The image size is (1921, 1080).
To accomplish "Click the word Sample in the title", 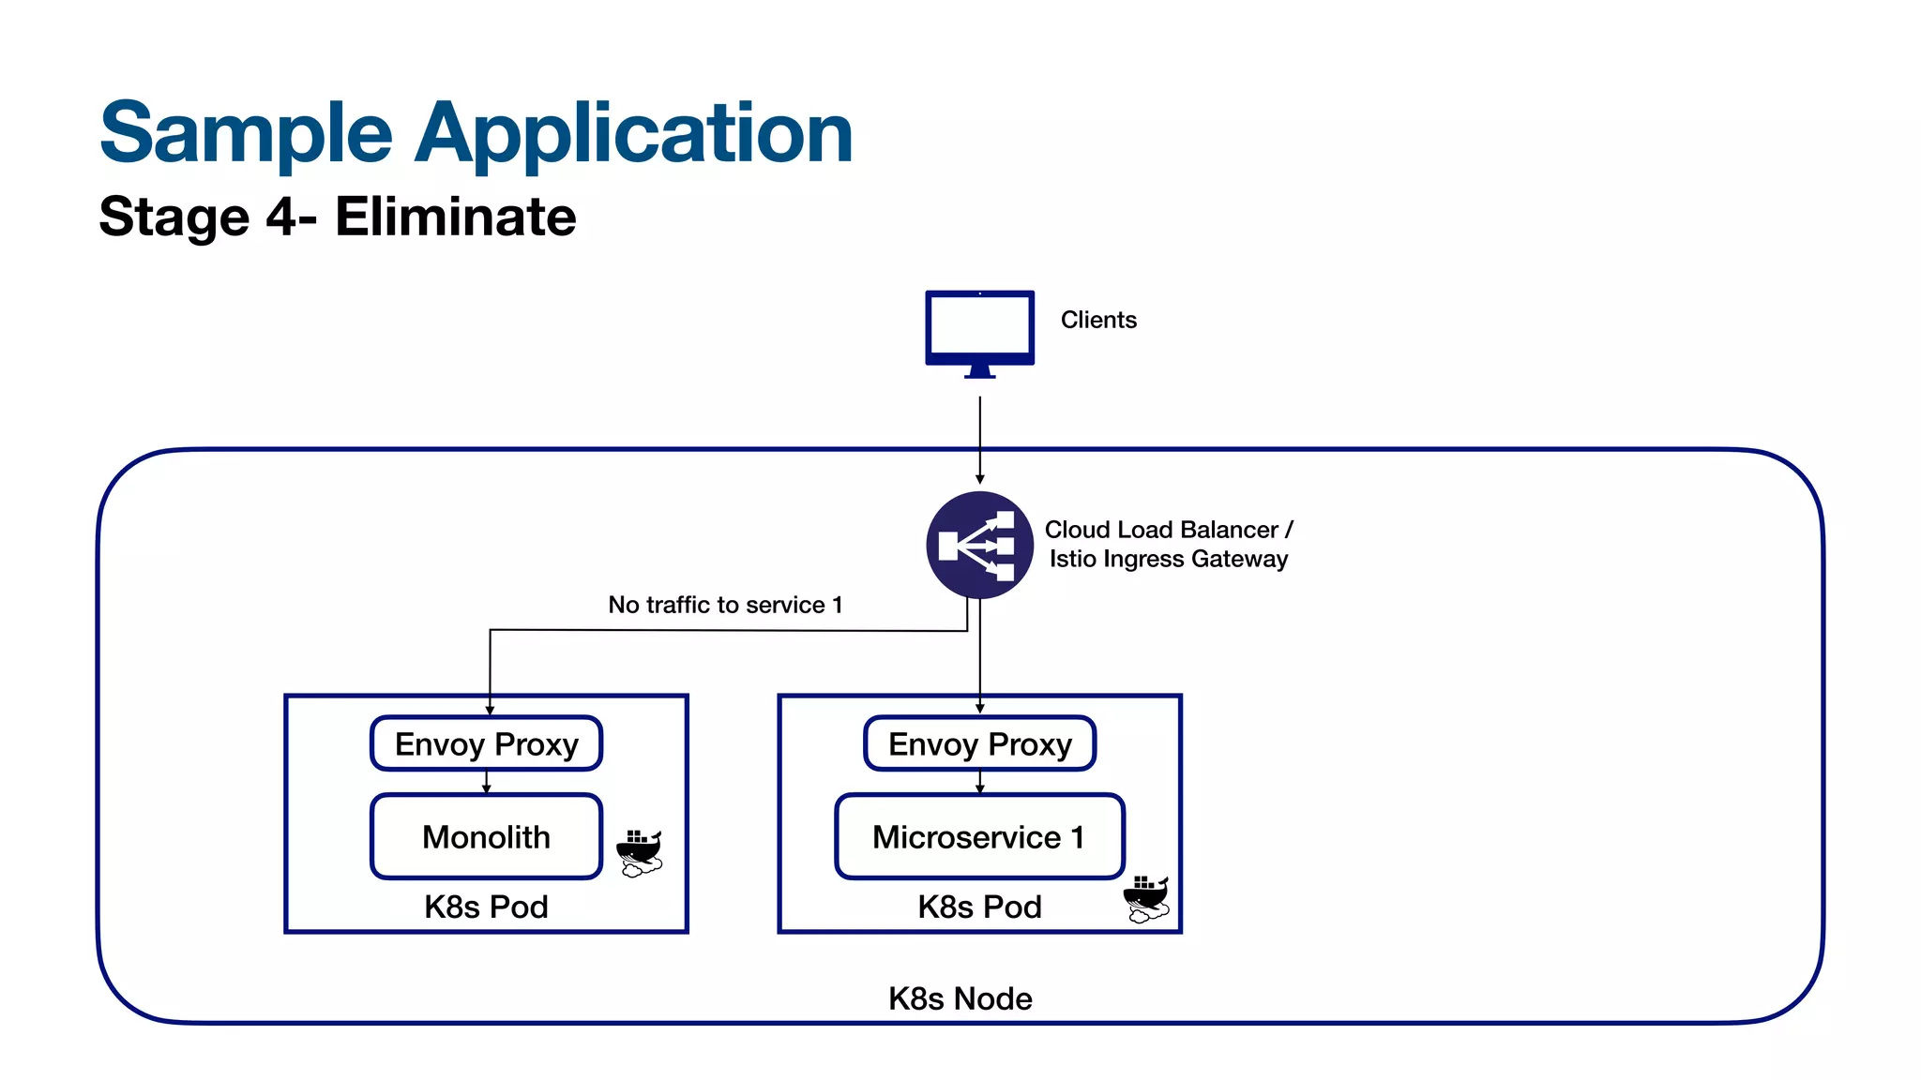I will (x=246, y=134).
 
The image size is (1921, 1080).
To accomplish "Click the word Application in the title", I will (x=633, y=134).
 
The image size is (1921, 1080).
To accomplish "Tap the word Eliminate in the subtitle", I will (x=455, y=217).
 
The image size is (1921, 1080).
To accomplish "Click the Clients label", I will (x=1098, y=320).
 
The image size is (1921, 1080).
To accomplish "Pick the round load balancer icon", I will (x=979, y=545).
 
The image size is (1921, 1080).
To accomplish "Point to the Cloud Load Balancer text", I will (x=1161, y=530).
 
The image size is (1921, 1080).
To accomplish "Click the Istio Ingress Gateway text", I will (x=1168, y=559).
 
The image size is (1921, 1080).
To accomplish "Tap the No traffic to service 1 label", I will (x=725, y=605).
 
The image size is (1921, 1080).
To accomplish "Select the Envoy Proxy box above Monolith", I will (x=486, y=743).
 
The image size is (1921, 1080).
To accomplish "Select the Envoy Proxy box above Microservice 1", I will (x=979, y=743).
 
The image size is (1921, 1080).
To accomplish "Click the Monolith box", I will (x=486, y=836).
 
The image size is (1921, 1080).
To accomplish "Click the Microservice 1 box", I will (x=979, y=836).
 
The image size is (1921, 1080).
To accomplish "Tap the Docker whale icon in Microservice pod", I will (x=1146, y=898).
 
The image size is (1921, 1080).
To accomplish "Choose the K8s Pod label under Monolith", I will (x=486, y=907).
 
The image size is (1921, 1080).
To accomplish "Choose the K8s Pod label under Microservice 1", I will (x=979, y=907).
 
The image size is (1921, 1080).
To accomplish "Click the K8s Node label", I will (x=960, y=998).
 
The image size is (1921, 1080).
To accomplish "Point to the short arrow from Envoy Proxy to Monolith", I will (x=486, y=782).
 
